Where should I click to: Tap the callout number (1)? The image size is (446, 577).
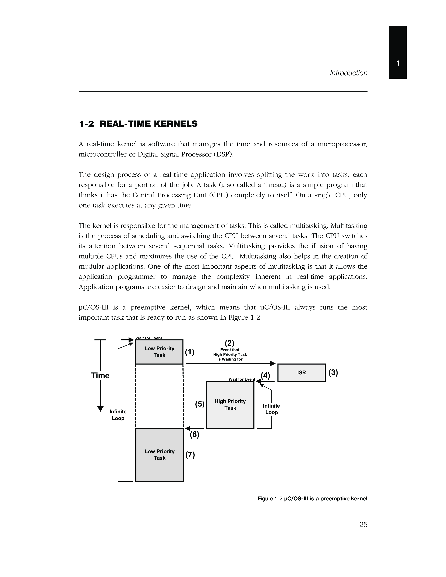click(189, 352)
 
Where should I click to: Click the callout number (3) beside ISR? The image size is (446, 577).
click(333, 372)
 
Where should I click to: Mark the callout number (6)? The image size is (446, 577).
click(194, 435)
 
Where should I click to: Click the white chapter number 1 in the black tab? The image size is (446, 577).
click(398, 63)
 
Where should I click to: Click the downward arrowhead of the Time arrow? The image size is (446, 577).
click(100, 408)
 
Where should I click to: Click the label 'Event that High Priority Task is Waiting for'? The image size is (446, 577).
click(230, 355)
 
